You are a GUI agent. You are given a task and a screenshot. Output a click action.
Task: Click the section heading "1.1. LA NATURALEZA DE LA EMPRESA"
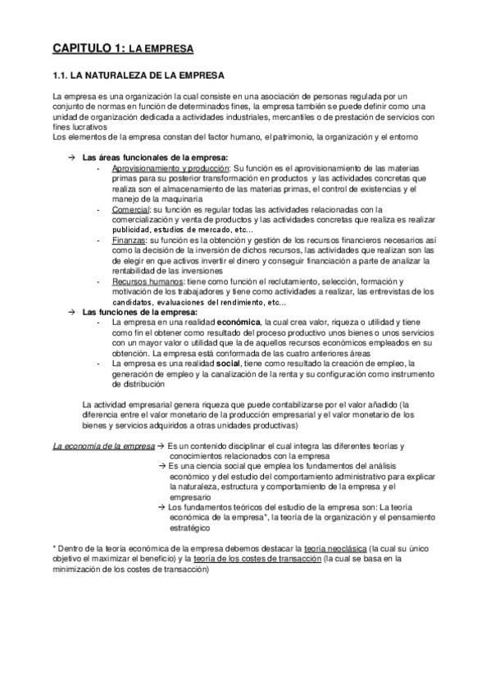tap(138, 76)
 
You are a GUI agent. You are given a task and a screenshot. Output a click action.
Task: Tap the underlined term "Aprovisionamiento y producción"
tap(170, 167)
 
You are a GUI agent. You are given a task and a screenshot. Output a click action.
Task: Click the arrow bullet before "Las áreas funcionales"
tap(73, 157)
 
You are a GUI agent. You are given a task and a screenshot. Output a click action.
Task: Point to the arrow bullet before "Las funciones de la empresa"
tap(73, 313)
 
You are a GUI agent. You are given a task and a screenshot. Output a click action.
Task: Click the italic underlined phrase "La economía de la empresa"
tap(103, 446)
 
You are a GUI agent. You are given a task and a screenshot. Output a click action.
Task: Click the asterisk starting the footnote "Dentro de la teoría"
tap(53, 547)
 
